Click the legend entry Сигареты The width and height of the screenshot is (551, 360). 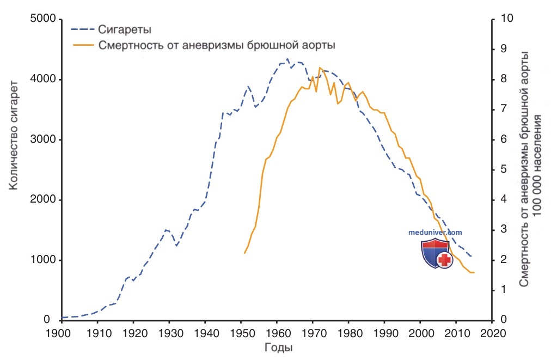(x=124, y=29)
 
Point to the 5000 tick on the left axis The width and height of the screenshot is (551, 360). (x=43, y=19)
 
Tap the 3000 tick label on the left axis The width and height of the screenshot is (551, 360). (x=43, y=139)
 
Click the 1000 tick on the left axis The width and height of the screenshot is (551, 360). (x=43, y=260)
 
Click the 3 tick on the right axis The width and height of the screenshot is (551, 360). (x=504, y=229)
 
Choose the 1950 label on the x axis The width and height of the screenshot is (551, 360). (x=241, y=333)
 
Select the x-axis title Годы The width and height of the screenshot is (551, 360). (x=278, y=347)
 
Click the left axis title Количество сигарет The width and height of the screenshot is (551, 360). (x=14, y=136)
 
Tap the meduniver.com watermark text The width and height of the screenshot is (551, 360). (x=435, y=233)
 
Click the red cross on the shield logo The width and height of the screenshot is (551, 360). (x=444, y=260)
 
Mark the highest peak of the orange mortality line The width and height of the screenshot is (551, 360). (x=320, y=67)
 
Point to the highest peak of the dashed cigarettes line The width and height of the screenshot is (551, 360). (x=287, y=59)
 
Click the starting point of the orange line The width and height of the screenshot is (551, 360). (x=244, y=253)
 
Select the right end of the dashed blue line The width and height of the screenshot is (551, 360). (x=471, y=257)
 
